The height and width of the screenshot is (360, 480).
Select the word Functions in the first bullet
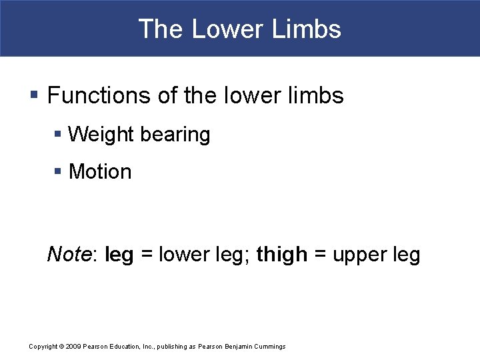click(x=99, y=95)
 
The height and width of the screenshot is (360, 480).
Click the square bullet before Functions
click(x=35, y=96)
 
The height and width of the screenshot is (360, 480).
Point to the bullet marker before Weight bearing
click(x=58, y=135)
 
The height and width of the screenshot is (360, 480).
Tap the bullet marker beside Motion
click(x=58, y=172)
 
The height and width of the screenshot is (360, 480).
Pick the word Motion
click(x=100, y=172)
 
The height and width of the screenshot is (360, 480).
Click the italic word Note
click(x=69, y=254)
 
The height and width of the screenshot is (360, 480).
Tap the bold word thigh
click(x=282, y=254)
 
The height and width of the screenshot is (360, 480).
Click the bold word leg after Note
click(x=119, y=255)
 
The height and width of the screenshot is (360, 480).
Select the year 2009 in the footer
click(x=73, y=347)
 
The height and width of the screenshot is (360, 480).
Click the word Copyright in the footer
click(x=43, y=347)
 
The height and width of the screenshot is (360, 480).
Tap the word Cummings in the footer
click(x=269, y=347)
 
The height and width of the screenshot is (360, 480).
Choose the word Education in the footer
click(x=124, y=347)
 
